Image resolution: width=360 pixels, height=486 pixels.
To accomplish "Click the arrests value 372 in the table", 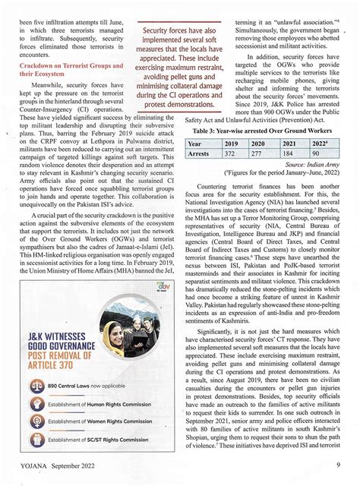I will coord(231,154).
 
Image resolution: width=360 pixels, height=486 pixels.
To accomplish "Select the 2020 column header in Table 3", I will coord(258,144).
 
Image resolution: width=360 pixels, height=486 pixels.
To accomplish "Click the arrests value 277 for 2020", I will coord(258,154).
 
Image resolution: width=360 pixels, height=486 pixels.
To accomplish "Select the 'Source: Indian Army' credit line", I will coord(312,165).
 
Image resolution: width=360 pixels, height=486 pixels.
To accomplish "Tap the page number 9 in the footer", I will coord(336,465).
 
